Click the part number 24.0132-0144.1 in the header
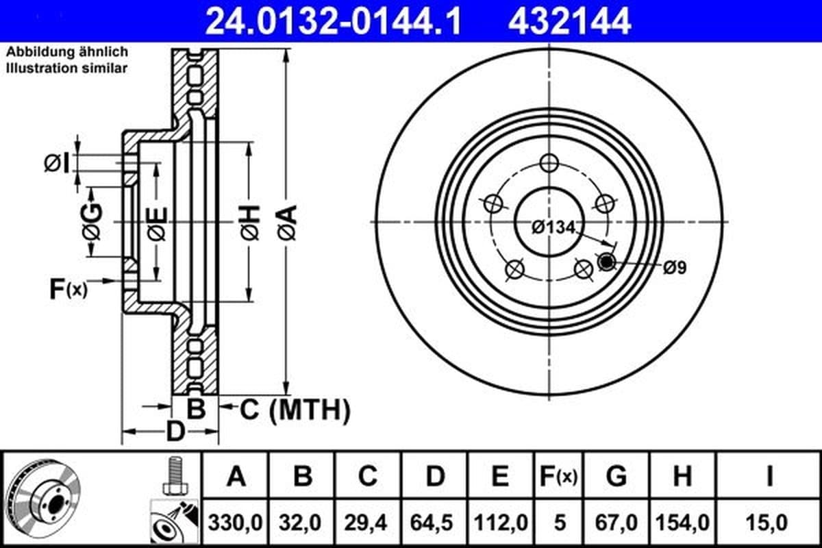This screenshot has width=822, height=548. point(333,22)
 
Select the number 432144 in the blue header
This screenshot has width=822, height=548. point(569,22)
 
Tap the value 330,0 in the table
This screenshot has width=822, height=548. point(235,523)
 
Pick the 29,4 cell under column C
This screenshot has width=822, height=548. point(366,523)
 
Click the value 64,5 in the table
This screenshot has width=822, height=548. point(432,523)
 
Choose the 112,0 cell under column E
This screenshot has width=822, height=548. point(501,523)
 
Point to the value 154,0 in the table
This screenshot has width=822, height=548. point(682,523)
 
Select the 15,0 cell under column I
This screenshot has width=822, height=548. point(767,523)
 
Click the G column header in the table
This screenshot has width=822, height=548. point(616,476)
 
